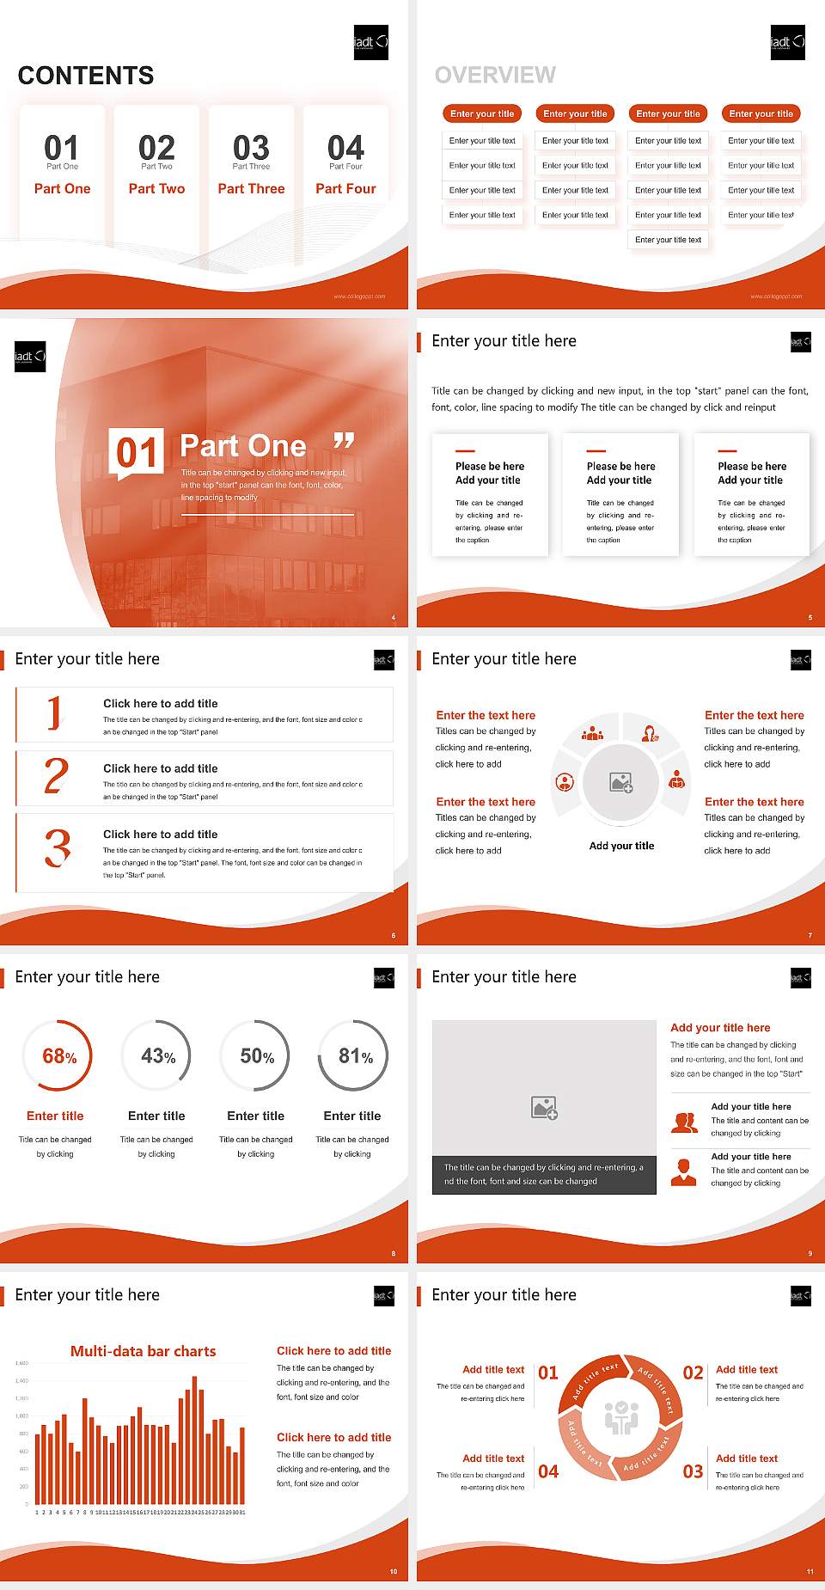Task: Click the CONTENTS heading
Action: [86, 76]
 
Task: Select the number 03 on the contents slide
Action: [251, 148]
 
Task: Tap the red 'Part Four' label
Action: [345, 188]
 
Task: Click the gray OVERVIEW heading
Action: [495, 75]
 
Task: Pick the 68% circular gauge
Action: [58, 1055]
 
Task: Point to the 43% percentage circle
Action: [157, 1055]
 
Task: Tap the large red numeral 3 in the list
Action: [57, 847]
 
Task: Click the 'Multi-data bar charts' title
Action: [144, 1351]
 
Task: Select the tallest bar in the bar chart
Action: [194, 1444]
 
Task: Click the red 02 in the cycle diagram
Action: [693, 1373]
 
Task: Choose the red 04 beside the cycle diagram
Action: [548, 1471]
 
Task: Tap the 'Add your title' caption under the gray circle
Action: [621, 846]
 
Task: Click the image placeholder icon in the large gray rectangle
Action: [544, 1108]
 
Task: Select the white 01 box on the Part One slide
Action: [137, 452]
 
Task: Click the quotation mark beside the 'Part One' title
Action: [344, 442]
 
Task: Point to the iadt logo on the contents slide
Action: [371, 42]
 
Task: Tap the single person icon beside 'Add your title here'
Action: [684, 1171]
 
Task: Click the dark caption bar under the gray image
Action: [544, 1174]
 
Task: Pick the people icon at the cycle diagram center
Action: [621, 1417]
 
